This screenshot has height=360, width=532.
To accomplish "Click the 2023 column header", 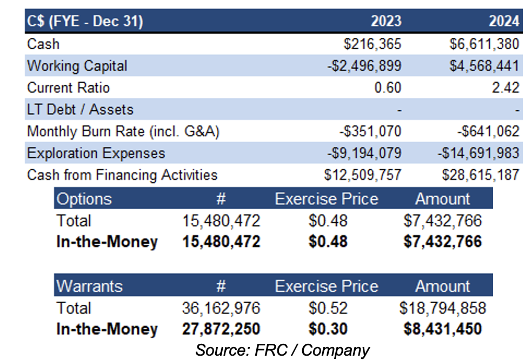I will click(385, 21).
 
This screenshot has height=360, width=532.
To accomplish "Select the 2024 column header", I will click(503, 21).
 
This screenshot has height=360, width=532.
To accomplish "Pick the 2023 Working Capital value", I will click(364, 66).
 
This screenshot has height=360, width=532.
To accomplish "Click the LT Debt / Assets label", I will click(80, 110).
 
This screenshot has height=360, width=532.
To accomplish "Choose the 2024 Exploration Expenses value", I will click(478, 153).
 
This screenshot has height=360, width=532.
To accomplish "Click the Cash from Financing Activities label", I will click(122, 175).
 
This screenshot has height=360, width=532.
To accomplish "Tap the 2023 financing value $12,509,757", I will click(363, 175).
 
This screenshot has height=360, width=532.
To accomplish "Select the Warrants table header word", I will click(89, 286).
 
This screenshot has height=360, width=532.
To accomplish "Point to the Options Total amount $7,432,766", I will click(442, 221).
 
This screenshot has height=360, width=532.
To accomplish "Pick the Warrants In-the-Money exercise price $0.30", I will click(328, 329).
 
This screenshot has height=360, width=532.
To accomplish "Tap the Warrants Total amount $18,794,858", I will click(442, 308).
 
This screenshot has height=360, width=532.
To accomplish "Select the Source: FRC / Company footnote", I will click(282, 350).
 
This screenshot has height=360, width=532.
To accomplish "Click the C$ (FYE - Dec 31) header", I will click(85, 21).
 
